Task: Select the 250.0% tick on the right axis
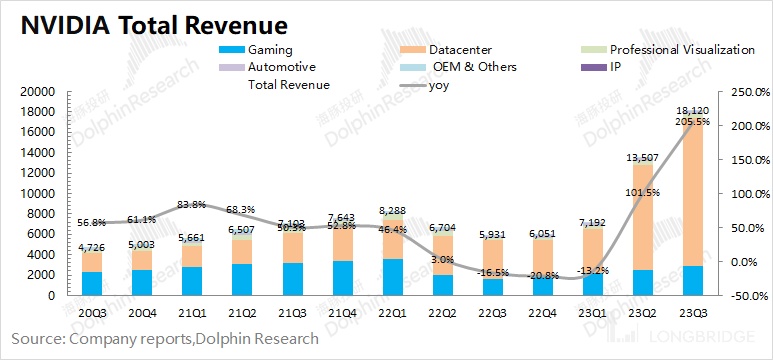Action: [x=748, y=91]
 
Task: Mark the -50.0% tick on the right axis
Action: [x=748, y=296]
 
